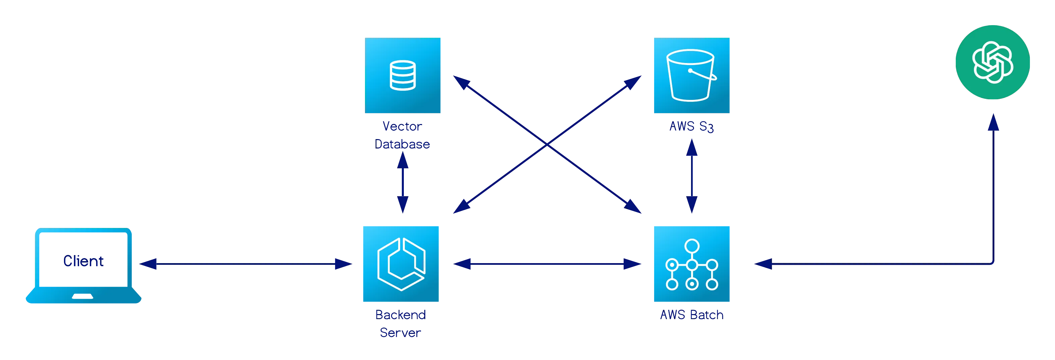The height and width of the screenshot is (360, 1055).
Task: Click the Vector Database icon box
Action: coord(403,76)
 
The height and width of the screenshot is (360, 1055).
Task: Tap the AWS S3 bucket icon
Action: coord(691,76)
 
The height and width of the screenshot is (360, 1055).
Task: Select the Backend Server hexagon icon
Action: coord(400,264)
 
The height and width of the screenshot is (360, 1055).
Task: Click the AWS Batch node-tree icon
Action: coord(691,264)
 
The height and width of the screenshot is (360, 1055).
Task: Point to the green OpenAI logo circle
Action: coord(992,62)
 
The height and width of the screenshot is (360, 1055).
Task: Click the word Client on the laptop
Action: coord(83,261)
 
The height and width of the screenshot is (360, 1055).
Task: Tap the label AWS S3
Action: coord(691,127)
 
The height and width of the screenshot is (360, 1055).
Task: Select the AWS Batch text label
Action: coord(691,314)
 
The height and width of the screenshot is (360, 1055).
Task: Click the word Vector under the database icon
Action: coord(402,127)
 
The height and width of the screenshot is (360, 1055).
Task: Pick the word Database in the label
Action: coord(402,144)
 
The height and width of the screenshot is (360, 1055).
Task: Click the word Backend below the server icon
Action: coord(400,314)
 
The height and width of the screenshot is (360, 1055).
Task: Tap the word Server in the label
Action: coord(400,332)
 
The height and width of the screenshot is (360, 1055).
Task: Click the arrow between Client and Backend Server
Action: coord(246,264)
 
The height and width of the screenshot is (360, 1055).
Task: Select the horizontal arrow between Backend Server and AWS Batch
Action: coord(547,264)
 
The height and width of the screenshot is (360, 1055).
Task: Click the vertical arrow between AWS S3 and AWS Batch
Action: coord(692,176)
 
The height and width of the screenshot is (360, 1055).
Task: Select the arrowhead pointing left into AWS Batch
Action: coord(762,264)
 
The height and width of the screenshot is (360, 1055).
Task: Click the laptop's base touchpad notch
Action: coord(83,296)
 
